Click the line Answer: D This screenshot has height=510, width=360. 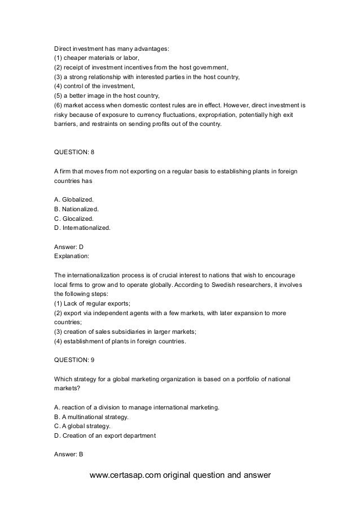68,247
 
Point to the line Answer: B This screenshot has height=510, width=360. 68,454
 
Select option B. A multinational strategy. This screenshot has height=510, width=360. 91,417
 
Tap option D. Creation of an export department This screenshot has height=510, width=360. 104,435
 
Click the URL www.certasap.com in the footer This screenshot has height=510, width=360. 126,475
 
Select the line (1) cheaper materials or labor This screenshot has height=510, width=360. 95,58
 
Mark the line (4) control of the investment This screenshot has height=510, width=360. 94,86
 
